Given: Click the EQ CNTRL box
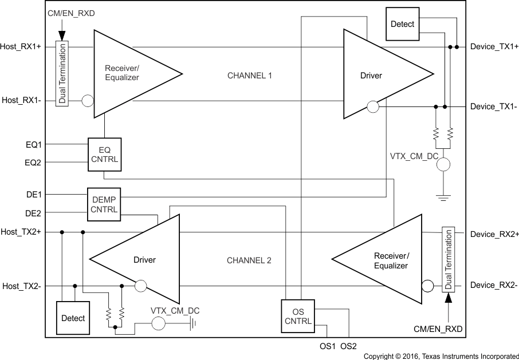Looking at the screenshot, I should click(x=104, y=154).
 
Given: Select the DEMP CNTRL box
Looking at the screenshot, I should click(x=104, y=204).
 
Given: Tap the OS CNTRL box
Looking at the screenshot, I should click(x=298, y=316).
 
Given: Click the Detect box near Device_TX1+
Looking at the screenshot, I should click(x=402, y=24).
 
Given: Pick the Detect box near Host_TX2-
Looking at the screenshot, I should click(x=73, y=318).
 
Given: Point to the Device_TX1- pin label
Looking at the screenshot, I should click(x=494, y=106).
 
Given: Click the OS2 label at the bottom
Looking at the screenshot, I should click(x=348, y=346).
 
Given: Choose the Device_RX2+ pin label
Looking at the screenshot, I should click(x=494, y=234).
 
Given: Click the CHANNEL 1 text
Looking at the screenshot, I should click(x=250, y=75).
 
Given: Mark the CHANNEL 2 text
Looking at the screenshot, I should click(x=249, y=260).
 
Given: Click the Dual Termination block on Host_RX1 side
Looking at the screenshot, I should click(x=62, y=73).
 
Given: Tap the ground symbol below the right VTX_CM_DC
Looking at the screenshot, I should click(x=442, y=197).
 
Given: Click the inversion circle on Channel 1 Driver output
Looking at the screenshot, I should click(x=372, y=106).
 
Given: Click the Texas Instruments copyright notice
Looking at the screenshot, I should click(x=441, y=356).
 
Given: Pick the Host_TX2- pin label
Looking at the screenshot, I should click(x=21, y=286).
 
